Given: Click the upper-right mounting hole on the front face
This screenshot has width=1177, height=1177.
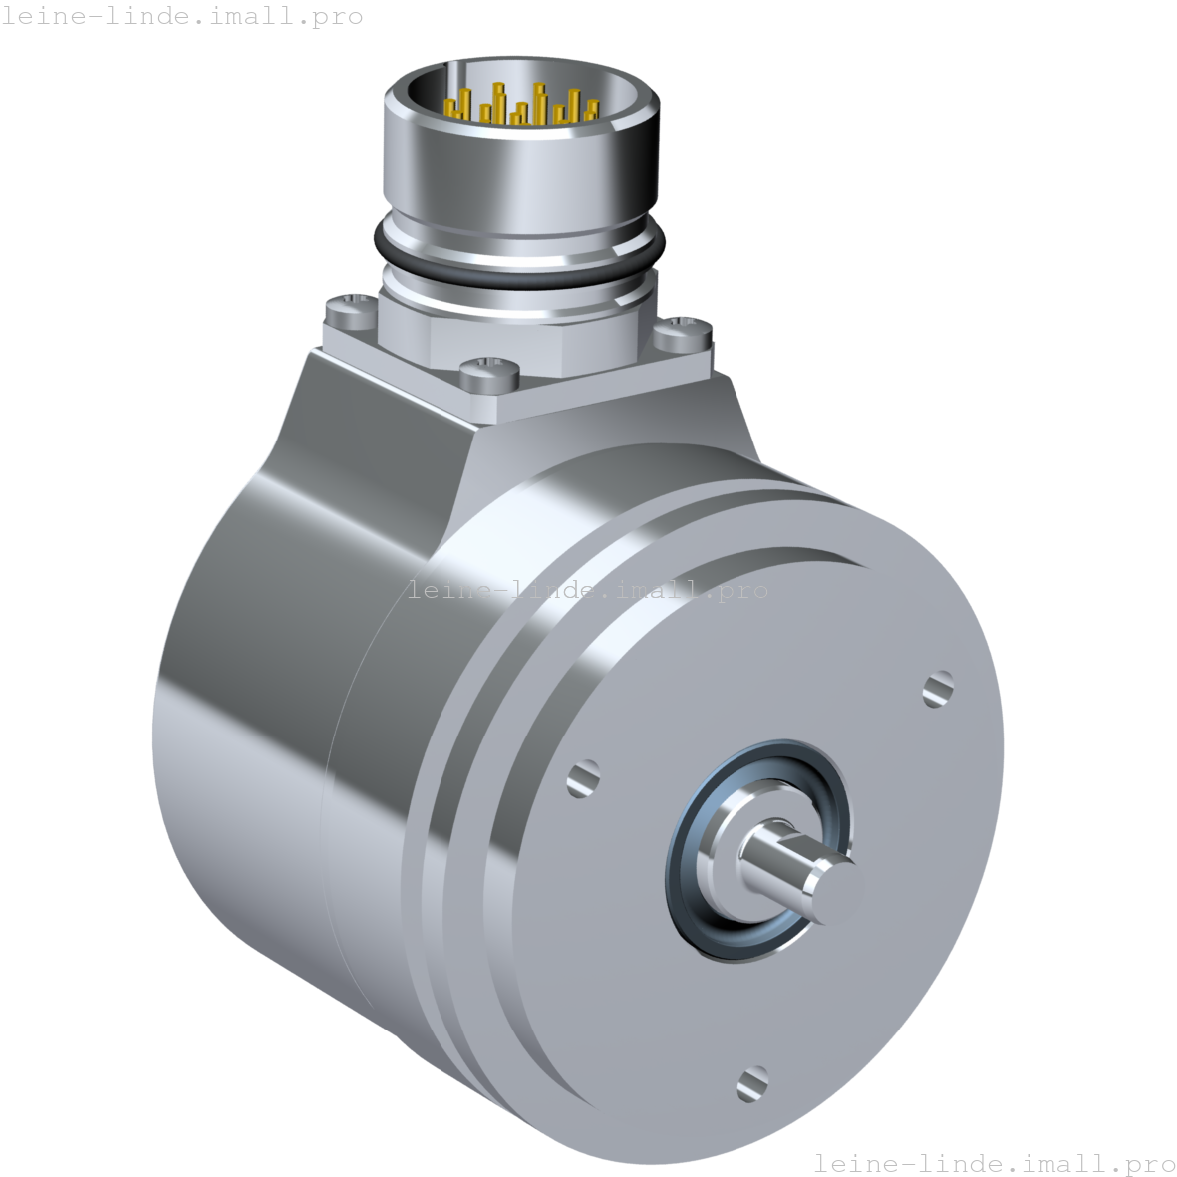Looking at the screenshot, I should [x=938, y=688].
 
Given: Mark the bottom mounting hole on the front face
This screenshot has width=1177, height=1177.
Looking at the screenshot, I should [x=752, y=1082].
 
